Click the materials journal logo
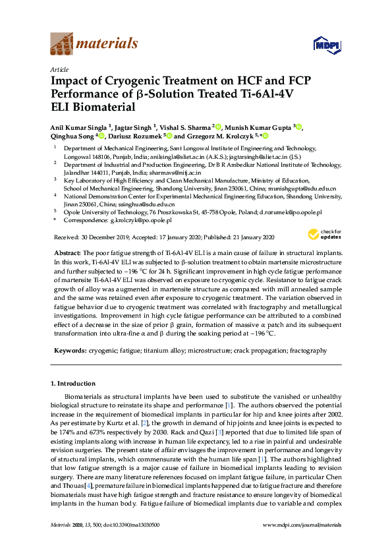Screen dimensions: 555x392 click(94, 44)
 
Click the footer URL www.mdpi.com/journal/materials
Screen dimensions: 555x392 click(302, 542)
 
